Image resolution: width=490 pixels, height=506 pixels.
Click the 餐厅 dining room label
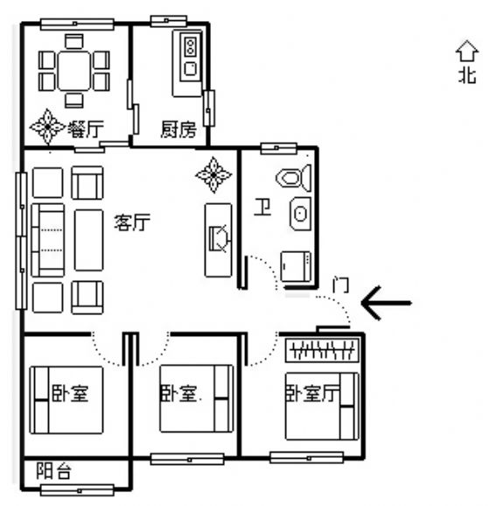point(86,129)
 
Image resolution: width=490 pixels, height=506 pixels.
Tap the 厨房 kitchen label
point(178,130)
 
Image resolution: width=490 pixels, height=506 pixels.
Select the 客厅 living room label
point(132,222)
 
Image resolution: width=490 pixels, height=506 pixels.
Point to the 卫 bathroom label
point(262,207)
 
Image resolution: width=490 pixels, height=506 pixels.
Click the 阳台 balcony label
point(53,471)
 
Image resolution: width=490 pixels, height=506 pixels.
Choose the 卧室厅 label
point(312,393)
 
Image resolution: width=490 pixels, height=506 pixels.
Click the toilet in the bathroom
point(293,178)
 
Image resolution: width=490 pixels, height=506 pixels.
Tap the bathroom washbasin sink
point(301,214)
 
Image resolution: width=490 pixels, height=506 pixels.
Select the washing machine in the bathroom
point(296,267)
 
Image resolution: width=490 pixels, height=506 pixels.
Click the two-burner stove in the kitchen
point(191,46)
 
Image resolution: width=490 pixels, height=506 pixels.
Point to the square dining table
point(73,71)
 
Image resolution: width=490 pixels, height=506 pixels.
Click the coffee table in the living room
point(88,240)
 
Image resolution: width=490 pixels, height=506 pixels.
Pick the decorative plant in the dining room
point(48,127)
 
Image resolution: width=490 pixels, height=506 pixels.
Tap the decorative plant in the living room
point(213,174)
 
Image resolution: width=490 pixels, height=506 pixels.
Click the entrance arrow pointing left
point(386,303)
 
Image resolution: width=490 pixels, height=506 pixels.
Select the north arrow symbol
point(466,51)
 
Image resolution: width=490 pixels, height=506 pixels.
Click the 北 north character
point(467,75)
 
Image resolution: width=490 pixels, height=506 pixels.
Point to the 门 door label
point(340,285)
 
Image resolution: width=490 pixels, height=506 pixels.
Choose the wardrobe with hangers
point(322,350)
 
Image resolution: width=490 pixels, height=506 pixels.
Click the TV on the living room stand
point(220,239)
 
